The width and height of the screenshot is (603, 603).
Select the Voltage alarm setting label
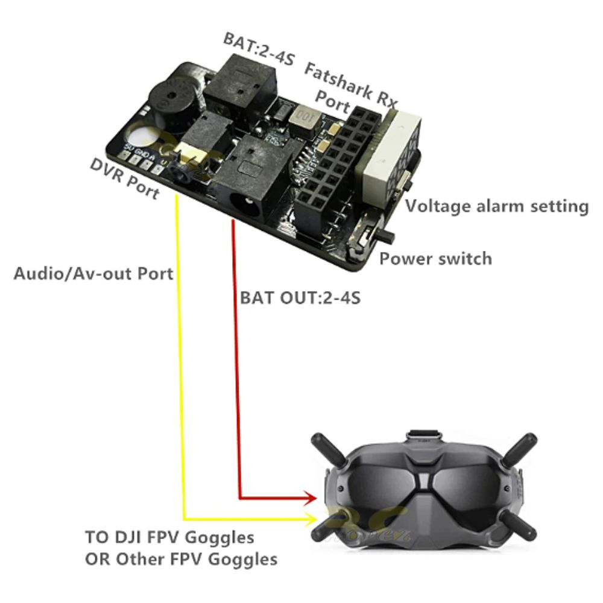point(496,206)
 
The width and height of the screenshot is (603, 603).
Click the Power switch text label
point(435,259)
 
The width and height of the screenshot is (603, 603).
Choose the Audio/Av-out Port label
point(93,274)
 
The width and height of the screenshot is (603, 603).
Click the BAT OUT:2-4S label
point(300,297)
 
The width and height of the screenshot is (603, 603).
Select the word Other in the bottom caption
point(140,558)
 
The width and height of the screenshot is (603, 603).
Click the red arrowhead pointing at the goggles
point(311,498)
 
